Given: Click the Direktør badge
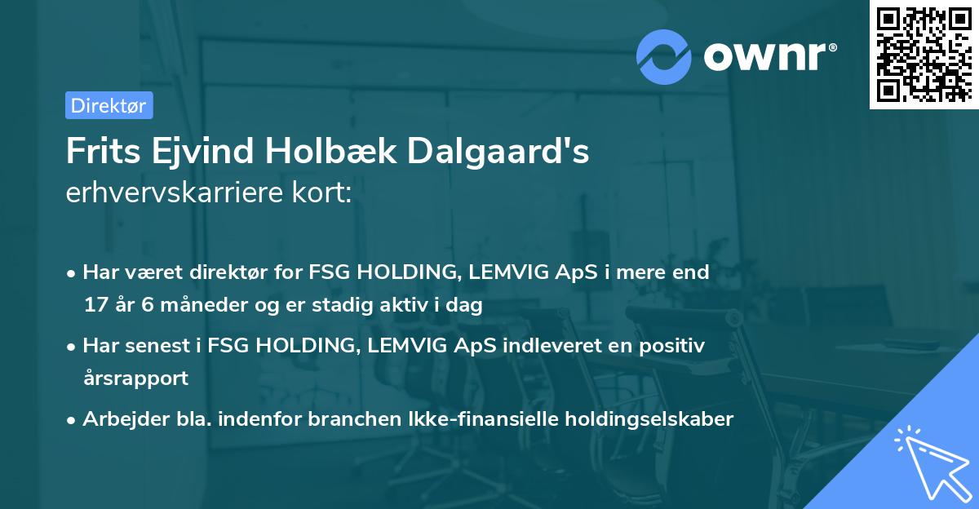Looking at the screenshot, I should [109, 105].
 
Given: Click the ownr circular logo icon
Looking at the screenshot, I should [664, 55].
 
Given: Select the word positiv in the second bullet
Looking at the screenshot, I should [673, 346].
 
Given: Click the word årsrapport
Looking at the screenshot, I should [135, 378].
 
